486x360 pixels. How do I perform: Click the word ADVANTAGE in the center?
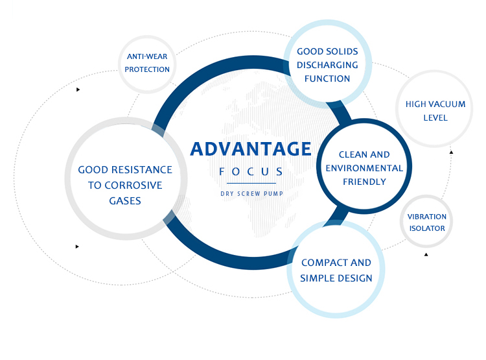[x=251, y=149]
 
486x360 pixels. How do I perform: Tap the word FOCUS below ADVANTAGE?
[x=251, y=172]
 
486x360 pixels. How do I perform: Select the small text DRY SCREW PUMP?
[x=251, y=193]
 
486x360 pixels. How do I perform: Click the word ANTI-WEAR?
[x=147, y=56]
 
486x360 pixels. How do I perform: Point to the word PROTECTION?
[x=147, y=69]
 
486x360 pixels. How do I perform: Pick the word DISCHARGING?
[x=327, y=65]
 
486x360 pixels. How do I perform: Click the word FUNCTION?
[x=327, y=78]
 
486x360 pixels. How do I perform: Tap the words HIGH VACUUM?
[x=426, y=104]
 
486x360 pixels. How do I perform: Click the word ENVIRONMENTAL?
[x=364, y=168]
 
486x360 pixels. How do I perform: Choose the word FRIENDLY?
[x=364, y=182]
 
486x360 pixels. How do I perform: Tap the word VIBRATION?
[x=426, y=216]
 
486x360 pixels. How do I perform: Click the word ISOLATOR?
[x=426, y=228]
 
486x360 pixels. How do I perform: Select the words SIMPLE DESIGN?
[x=336, y=278]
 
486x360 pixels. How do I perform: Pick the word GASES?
[x=125, y=200]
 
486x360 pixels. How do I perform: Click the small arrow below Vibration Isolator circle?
[x=426, y=254]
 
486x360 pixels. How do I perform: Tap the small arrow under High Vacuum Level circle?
[x=451, y=152]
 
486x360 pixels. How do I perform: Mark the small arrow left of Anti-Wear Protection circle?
[x=78, y=90]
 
